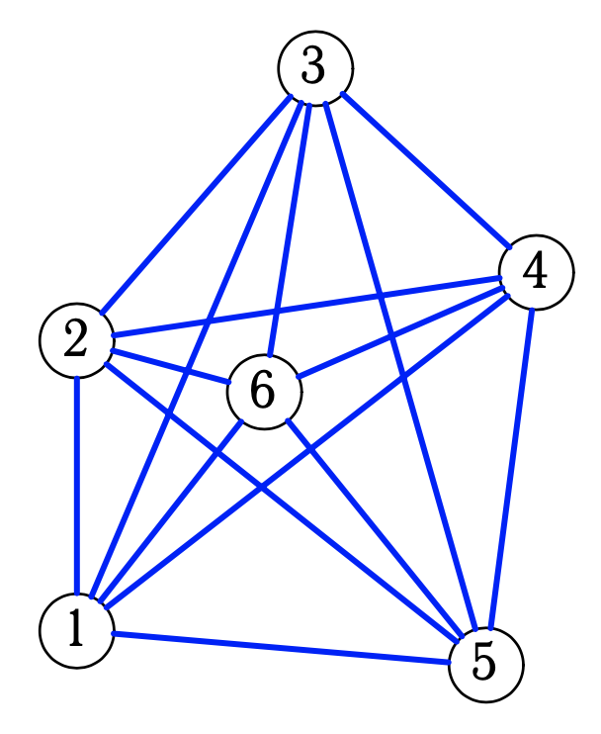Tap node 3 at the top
pyautogui.click(x=314, y=68)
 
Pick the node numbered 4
pyautogui.click(x=536, y=273)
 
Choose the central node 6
pyautogui.click(x=264, y=392)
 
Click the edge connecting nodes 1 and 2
pyautogui.click(x=76, y=485)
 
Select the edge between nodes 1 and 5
pyautogui.click(x=282, y=647)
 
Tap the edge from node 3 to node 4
pyautogui.click(x=425, y=170)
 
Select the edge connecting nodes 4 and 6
pyautogui.click(x=400, y=332)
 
